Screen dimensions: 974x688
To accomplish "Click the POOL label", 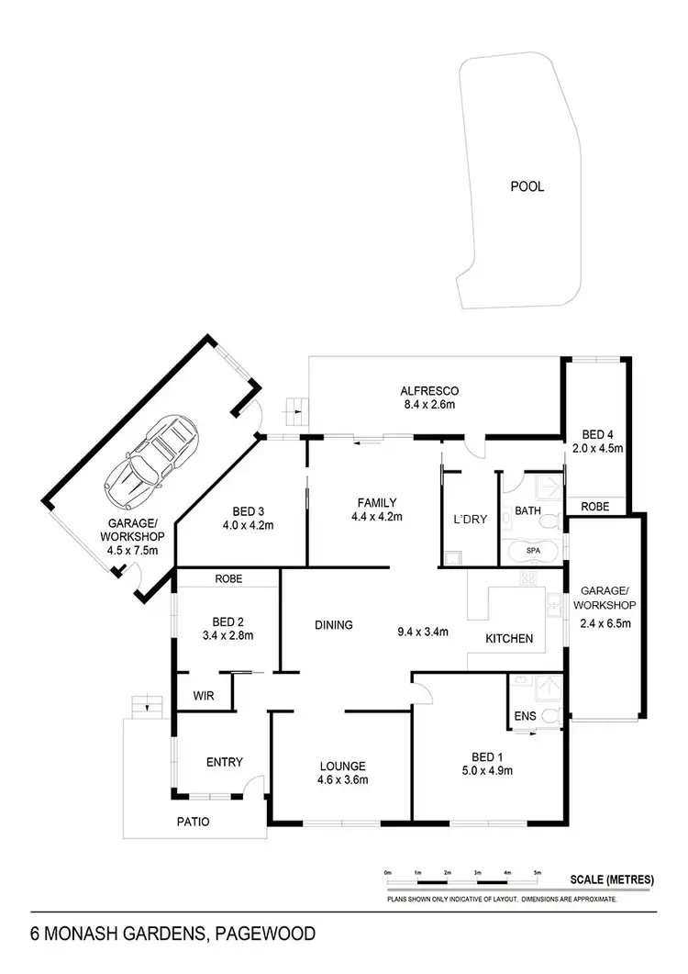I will (527, 186).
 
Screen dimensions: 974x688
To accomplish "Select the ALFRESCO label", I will (424, 388).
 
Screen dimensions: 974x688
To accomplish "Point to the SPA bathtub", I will (533, 550).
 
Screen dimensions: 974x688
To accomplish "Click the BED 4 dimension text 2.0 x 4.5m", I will (596, 449).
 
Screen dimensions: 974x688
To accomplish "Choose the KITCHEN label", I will (509, 638).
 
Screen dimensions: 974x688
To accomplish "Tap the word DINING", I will (334, 625).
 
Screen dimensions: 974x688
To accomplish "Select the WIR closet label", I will (203, 697).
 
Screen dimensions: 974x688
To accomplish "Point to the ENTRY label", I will (224, 761).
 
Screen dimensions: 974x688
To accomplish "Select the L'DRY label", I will (470, 520).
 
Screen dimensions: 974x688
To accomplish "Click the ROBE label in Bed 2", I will (227, 579).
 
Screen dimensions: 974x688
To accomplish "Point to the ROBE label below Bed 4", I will (596, 505).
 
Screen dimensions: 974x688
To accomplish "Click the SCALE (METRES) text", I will (612, 879).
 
